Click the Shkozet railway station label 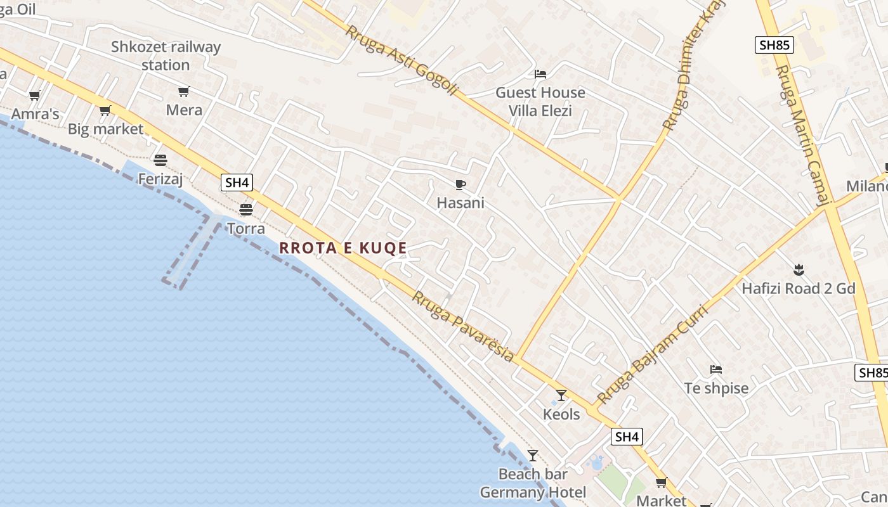166,56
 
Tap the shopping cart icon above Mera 184,92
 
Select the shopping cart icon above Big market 105,111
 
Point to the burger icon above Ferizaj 160,160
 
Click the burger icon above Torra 245,209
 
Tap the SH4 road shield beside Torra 237,183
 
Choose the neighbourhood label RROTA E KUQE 343,248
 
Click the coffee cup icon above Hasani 460,184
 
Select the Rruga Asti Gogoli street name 401,61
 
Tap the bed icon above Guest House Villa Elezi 540,74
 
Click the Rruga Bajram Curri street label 653,355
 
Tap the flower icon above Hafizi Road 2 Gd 799,271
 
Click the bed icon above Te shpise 716,369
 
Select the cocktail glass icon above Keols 561,395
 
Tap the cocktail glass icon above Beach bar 533,456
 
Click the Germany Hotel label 533,492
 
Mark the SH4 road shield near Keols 627,437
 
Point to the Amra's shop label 36,114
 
